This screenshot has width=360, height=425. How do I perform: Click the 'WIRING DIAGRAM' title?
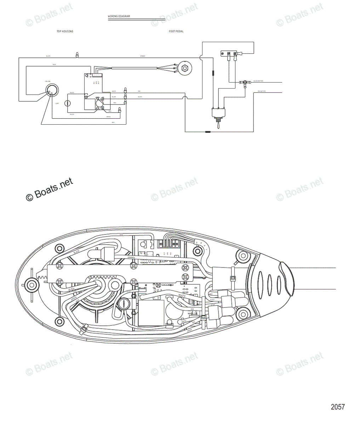pos(119,16)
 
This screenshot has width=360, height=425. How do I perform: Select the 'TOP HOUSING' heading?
pos(65,32)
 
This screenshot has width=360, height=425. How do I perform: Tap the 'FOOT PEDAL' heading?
pos(176,32)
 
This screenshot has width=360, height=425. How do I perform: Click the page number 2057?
pos(337,407)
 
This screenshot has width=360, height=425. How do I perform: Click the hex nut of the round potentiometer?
pos(184,68)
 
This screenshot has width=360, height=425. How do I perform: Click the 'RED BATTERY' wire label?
pos(262,91)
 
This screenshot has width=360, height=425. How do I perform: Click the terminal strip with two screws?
pos(230,54)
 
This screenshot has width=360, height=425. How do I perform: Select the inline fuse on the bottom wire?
pos(208,132)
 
